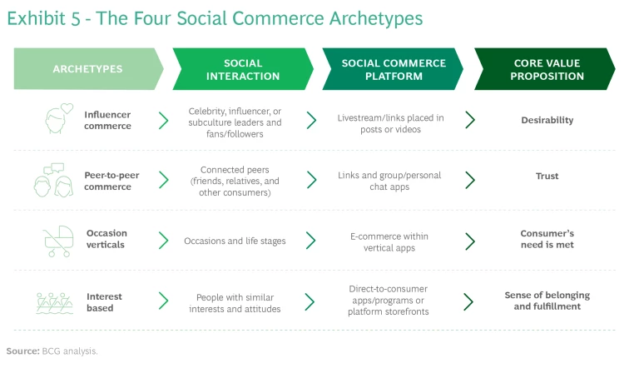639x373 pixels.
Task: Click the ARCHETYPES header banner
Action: [87, 69]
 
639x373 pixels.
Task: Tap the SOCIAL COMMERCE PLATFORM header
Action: [393, 69]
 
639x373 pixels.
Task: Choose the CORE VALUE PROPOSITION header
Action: [546, 69]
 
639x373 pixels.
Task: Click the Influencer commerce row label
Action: [107, 120]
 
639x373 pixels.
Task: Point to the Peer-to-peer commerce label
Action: [107, 181]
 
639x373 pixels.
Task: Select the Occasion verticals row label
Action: [106, 239]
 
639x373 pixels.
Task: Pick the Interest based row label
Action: [104, 302]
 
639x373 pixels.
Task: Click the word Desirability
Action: [547, 120]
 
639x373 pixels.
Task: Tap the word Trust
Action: [547, 176]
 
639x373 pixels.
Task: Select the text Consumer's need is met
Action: [547, 239]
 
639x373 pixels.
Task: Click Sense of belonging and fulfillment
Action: [547, 301]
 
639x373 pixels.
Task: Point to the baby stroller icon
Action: [57, 241]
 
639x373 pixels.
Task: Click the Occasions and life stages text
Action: [235, 241]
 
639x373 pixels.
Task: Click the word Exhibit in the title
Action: [37, 18]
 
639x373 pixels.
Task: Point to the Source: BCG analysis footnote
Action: [52, 351]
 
